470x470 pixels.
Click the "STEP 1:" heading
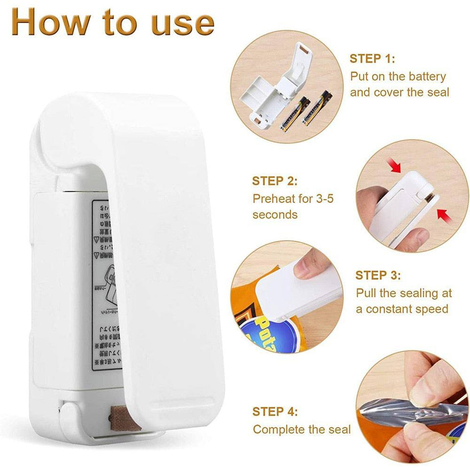[372, 59]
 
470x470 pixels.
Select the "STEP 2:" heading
[275, 181]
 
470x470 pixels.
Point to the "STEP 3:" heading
[378, 275]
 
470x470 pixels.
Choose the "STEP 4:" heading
[275, 411]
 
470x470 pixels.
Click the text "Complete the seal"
[302, 429]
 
